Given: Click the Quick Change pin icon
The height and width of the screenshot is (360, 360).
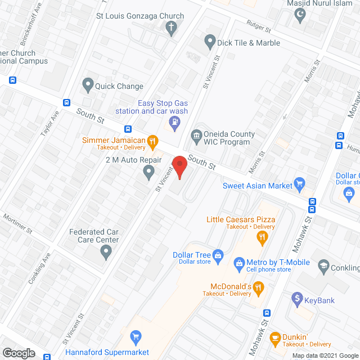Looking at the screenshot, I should pos(88,85).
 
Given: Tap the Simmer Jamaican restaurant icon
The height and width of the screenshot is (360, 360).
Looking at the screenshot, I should pos(152,141).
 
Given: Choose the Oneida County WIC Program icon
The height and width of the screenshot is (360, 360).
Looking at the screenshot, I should pos(196,134).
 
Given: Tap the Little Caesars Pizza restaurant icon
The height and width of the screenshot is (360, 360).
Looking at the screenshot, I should pos(262,237).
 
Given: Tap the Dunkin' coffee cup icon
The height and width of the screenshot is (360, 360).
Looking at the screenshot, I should pos(274,337).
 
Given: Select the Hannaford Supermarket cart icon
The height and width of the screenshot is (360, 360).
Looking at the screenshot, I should pos(135,337).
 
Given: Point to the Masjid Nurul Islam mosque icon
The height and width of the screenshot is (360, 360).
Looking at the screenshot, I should pos(300,15).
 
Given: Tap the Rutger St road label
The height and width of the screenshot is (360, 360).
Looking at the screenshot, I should pos(260,25).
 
